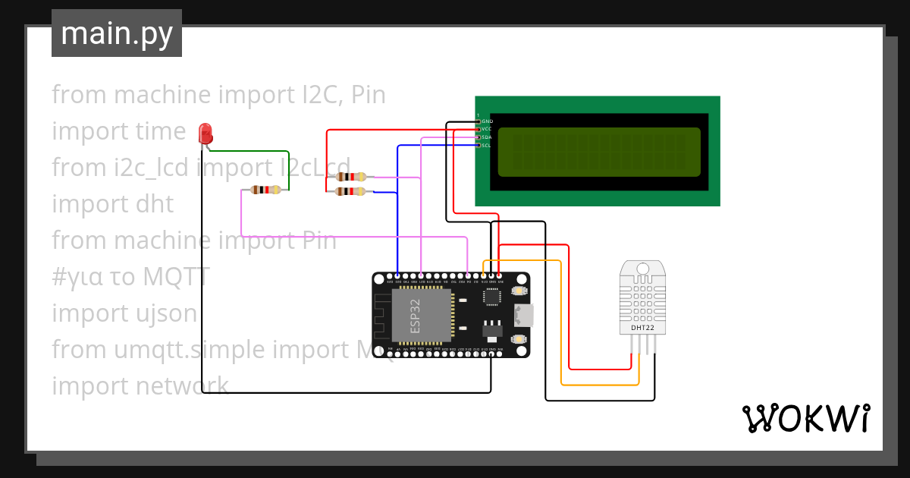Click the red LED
[x=205, y=134]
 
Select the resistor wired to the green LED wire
[x=265, y=190]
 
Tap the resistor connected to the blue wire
[x=350, y=192]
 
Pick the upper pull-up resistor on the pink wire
[x=350, y=177]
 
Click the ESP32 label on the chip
[x=415, y=316]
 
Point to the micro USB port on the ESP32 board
[x=523, y=314]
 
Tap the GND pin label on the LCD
[x=487, y=121]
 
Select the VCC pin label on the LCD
[x=487, y=129]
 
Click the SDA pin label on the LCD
[x=487, y=137]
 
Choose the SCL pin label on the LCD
[x=487, y=145]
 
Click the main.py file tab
[x=117, y=34]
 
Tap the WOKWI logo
[x=805, y=418]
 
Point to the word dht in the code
[x=155, y=203]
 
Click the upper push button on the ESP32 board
[x=519, y=291]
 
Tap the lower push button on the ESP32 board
[x=519, y=338]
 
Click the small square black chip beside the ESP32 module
[x=493, y=295]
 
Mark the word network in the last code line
[x=182, y=385]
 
